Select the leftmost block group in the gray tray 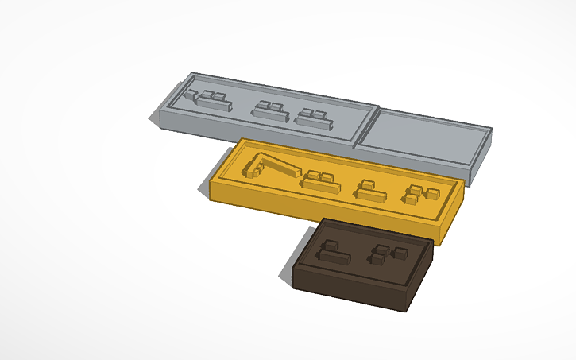click(x=207, y=99)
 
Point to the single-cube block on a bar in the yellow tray click(x=369, y=190)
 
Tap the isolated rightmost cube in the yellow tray click(x=433, y=192)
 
